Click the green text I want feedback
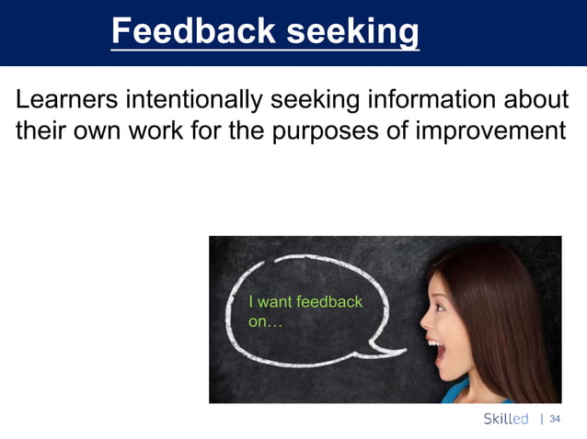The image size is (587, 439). (x=305, y=301)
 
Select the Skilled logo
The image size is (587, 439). (x=506, y=419)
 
